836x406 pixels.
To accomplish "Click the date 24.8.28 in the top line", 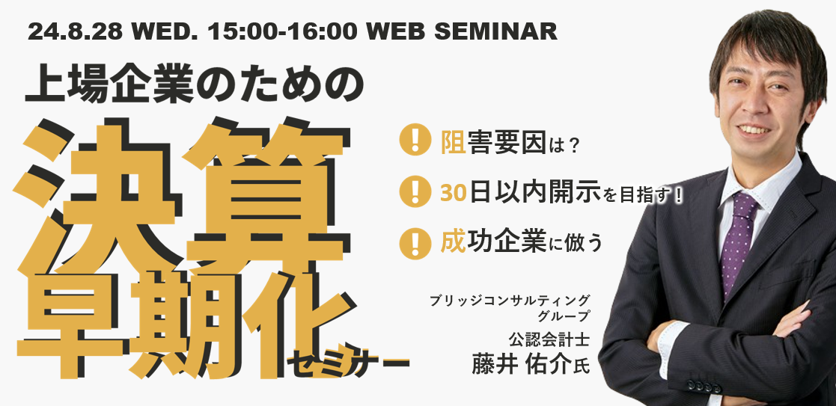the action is (75, 31).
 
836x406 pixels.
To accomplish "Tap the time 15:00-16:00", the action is (283, 31).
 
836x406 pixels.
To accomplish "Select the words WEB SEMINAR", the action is (462, 31).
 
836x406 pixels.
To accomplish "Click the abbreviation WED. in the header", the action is (166, 31).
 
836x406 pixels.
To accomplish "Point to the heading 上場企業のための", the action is (195, 85).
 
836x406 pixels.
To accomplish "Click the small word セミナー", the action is (347, 363).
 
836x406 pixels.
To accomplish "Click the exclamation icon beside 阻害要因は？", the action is (415, 140).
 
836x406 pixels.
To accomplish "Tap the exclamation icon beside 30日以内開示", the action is (415, 191).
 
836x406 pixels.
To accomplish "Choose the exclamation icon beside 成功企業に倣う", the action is (415, 243).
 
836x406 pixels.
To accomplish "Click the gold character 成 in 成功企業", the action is (454, 243).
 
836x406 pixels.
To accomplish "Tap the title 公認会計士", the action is (549, 337).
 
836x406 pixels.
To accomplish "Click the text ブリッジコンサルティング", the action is (510, 299).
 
